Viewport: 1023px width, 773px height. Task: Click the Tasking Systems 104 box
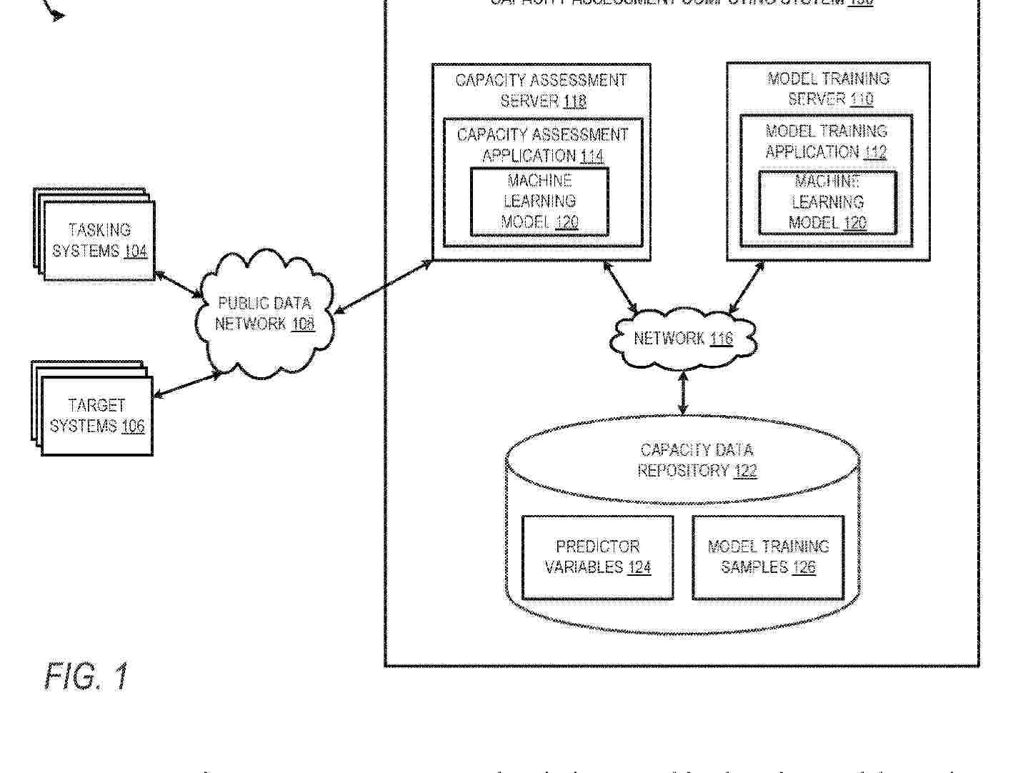[x=99, y=241]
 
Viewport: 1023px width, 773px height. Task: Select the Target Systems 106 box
[x=97, y=416]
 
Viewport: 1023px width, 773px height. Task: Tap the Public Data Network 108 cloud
[x=264, y=314]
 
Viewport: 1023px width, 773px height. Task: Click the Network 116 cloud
[x=682, y=339]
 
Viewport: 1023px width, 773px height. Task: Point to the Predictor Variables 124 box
[x=597, y=557]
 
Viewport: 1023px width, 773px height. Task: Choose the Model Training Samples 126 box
[x=768, y=557]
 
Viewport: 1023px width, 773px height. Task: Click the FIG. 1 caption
[x=86, y=676]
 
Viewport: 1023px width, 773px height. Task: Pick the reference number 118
[x=574, y=101]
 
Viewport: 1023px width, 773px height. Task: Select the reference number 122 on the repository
[x=744, y=471]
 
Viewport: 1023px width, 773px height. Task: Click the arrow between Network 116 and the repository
[x=684, y=392]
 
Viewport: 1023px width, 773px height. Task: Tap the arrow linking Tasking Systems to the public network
[x=179, y=284]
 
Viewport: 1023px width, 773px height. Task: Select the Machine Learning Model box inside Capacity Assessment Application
[x=539, y=202]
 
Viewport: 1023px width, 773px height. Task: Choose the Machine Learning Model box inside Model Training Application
[x=827, y=203]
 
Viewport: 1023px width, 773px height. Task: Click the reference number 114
[x=592, y=156]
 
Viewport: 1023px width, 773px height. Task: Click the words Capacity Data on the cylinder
[x=697, y=450]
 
